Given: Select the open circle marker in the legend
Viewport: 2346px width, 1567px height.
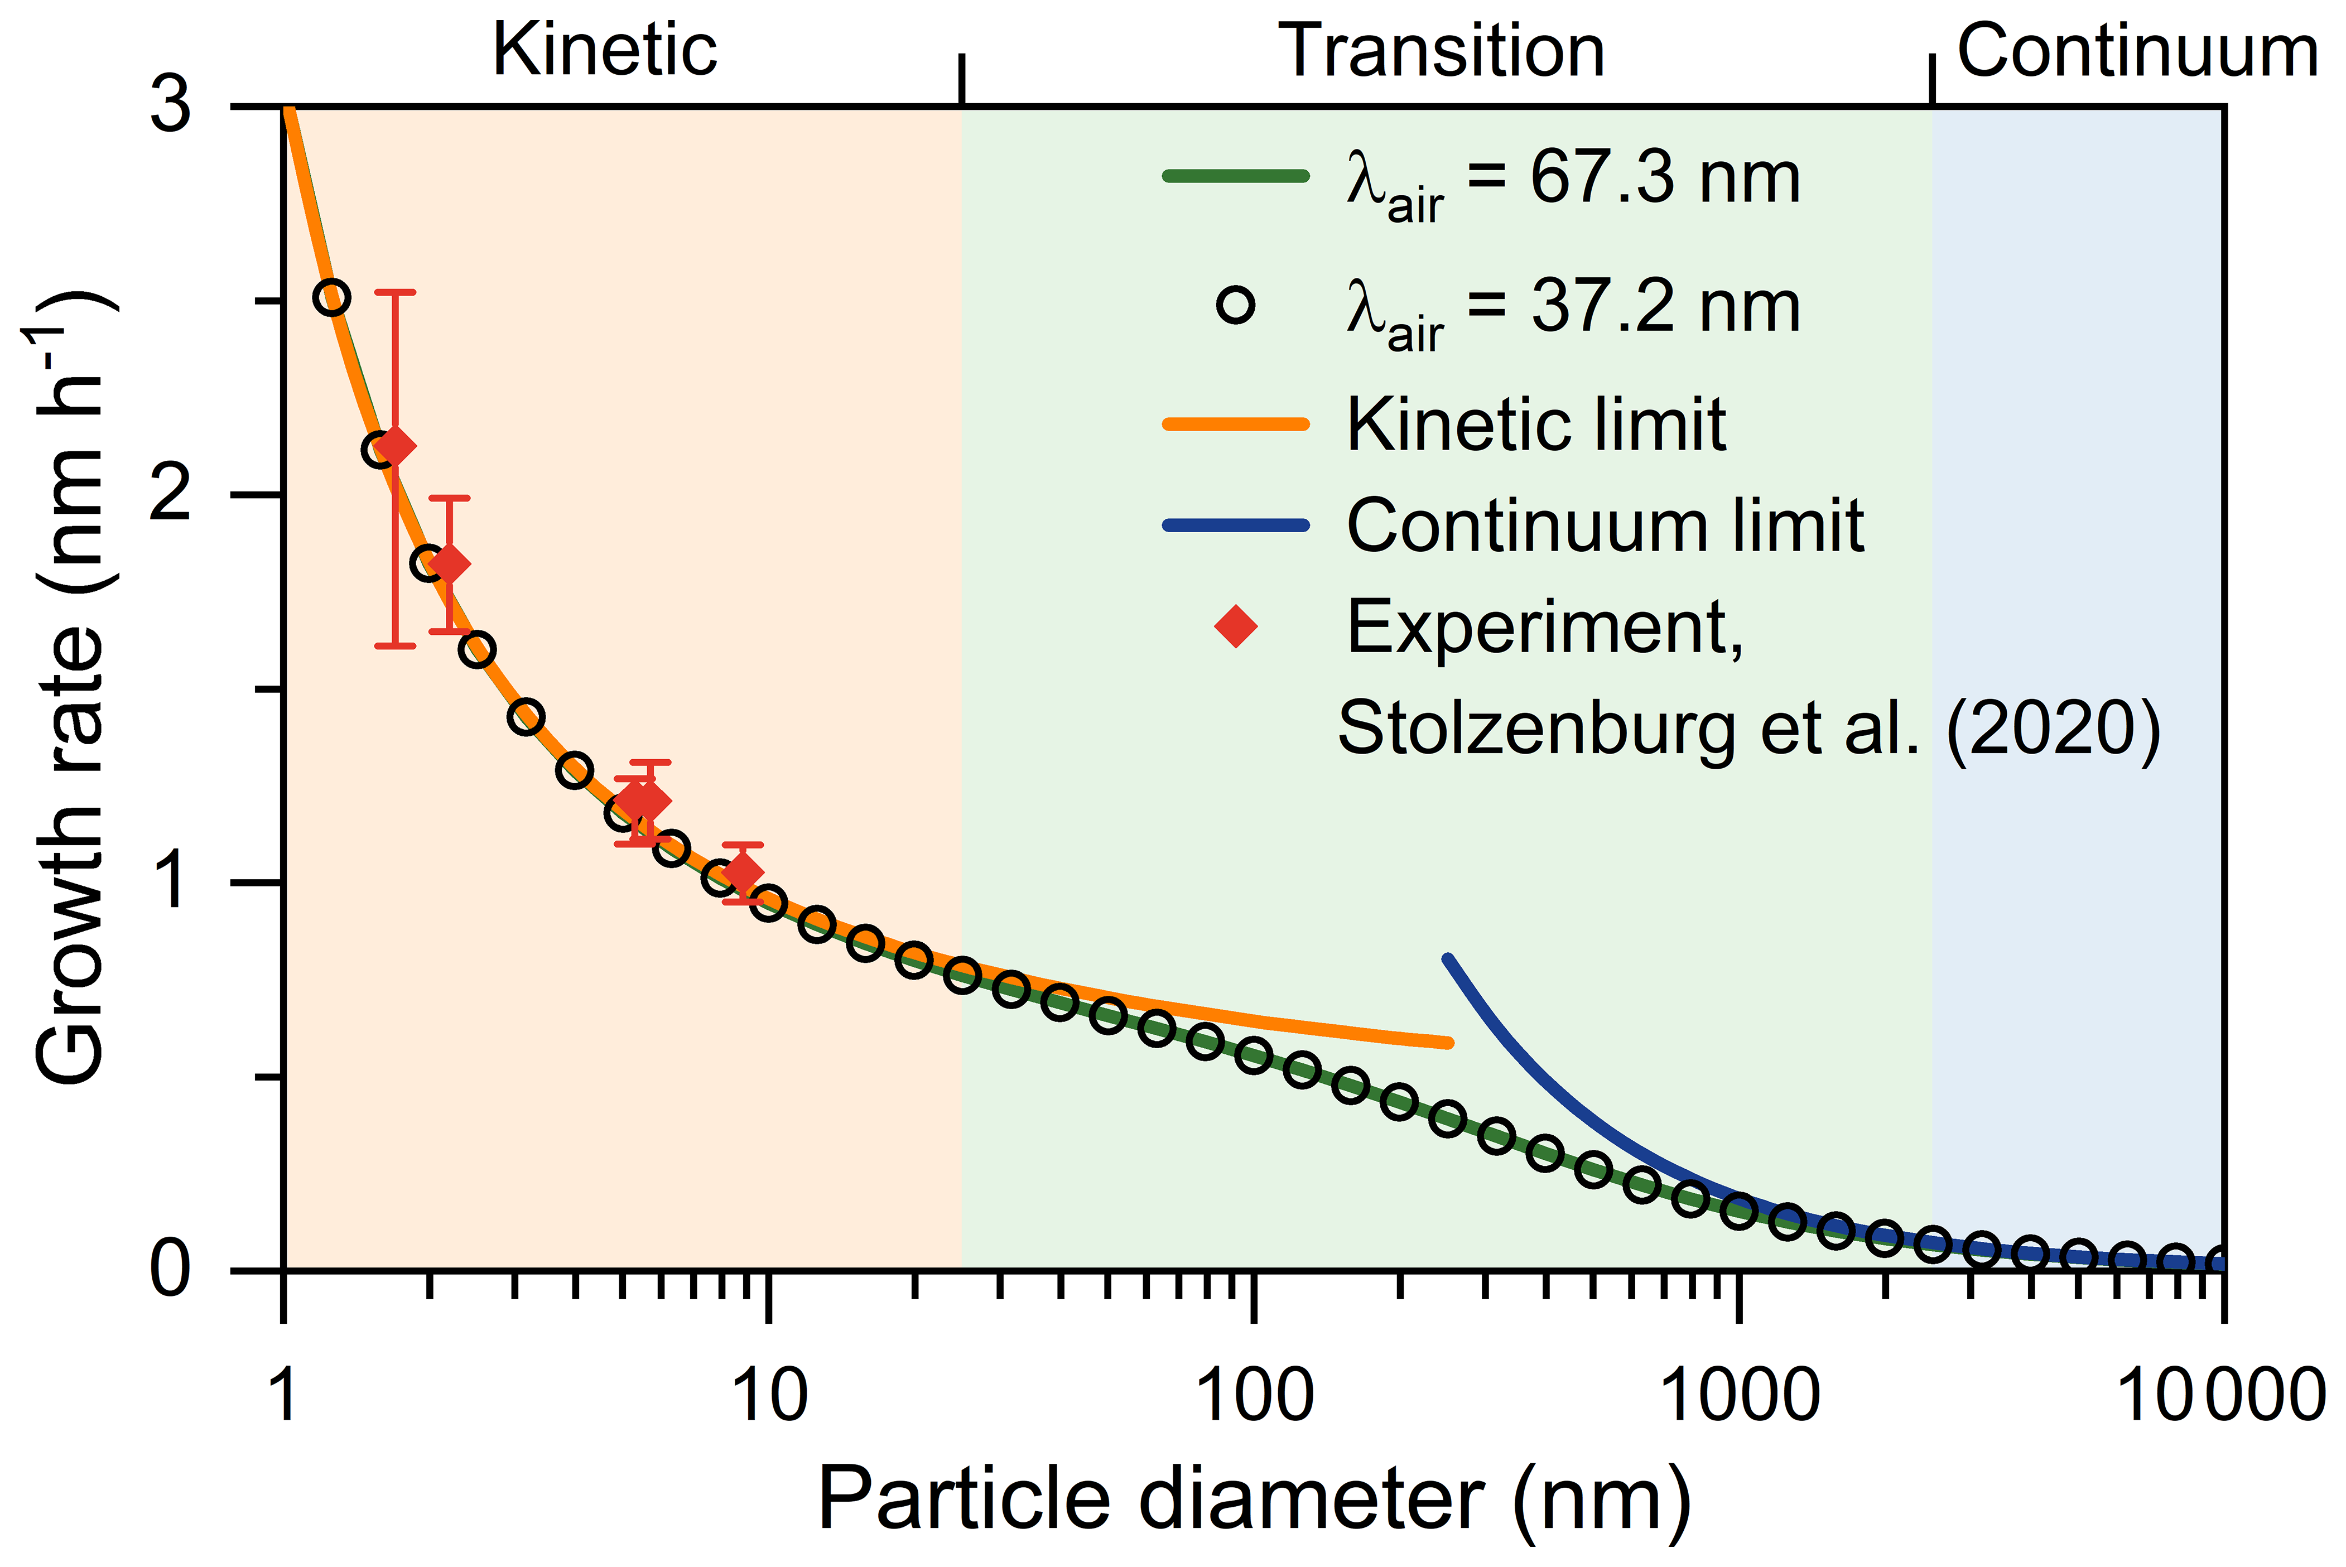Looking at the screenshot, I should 1236,305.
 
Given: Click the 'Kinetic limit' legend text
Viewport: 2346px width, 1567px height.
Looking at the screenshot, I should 1536,425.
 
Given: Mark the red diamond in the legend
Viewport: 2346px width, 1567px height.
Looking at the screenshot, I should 1236,626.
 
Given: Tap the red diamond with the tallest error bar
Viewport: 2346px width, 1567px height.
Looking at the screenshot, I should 396,446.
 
